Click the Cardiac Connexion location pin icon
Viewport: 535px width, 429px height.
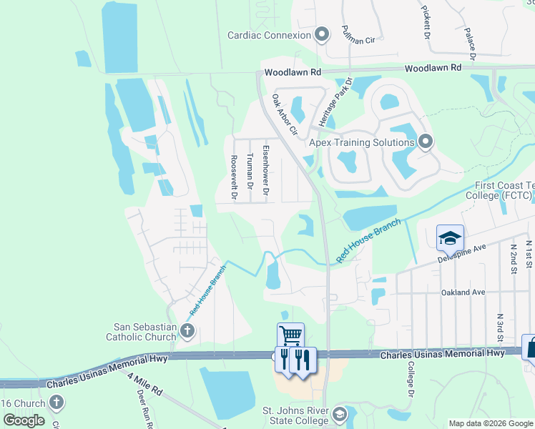[322, 34]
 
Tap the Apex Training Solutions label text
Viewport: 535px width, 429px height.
[362, 142]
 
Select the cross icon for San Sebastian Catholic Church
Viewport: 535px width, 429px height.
[187, 330]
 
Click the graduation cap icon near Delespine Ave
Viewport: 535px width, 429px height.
[450, 237]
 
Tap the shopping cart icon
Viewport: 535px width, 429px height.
[290, 335]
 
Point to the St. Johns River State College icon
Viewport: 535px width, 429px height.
[340, 415]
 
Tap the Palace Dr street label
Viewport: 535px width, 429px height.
[471, 44]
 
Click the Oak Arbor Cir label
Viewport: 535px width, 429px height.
[284, 114]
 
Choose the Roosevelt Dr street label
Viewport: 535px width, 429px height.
[233, 176]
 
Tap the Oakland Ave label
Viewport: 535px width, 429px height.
[463, 292]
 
